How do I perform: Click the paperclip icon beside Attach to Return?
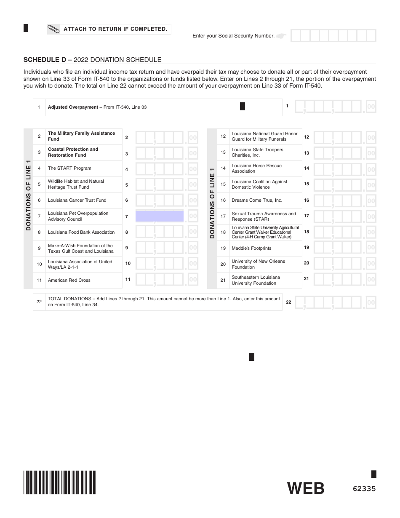click(x=54, y=29)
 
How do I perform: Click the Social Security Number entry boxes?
click(x=333, y=36)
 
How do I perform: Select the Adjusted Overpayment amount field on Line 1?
click(x=335, y=107)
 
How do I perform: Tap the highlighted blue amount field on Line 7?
click(x=160, y=216)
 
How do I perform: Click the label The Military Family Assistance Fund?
click(x=81, y=136)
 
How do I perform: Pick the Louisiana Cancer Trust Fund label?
click(x=77, y=200)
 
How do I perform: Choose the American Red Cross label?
click(x=69, y=280)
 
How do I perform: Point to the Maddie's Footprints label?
click(x=251, y=248)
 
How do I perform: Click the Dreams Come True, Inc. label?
click(x=257, y=200)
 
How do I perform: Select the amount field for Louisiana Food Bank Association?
click(x=166, y=232)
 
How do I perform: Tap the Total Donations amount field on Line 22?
click(x=335, y=302)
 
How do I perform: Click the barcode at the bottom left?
click(x=60, y=482)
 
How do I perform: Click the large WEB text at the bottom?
click(x=306, y=489)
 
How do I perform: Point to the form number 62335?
click(x=364, y=489)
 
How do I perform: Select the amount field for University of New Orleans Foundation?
click(x=344, y=264)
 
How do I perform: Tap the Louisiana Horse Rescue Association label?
click(x=256, y=168)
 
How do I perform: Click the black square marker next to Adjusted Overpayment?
click(x=243, y=107)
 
